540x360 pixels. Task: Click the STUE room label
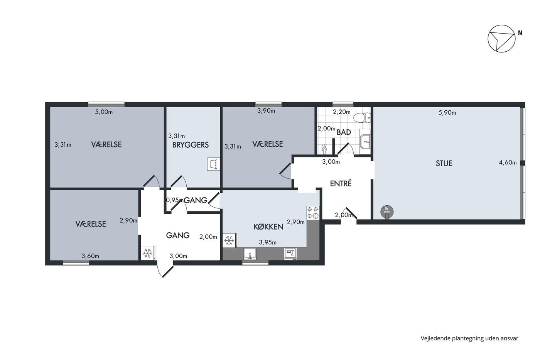[x=444, y=164]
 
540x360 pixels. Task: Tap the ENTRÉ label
[x=341, y=184]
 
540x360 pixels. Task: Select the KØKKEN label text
[x=268, y=226]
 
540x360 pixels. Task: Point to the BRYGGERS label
[x=191, y=145]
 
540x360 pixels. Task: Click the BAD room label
[x=344, y=132]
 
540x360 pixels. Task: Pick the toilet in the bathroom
[x=362, y=118]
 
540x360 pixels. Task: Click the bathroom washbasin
[x=365, y=139]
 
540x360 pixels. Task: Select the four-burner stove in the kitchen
[x=313, y=213]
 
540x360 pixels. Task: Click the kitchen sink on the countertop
[x=250, y=254]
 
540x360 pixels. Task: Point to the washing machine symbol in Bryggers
[x=214, y=164]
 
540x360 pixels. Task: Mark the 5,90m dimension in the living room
[x=447, y=113]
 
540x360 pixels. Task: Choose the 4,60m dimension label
[x=508, y=162]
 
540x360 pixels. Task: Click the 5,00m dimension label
[x=104, y=112]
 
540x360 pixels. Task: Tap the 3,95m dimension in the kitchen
[x=268, y=242]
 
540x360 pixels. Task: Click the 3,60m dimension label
[x=90, y=256]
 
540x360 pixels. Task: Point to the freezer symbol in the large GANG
[x=147, y=253]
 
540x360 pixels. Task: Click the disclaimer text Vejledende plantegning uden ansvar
[x=469, y=338]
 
